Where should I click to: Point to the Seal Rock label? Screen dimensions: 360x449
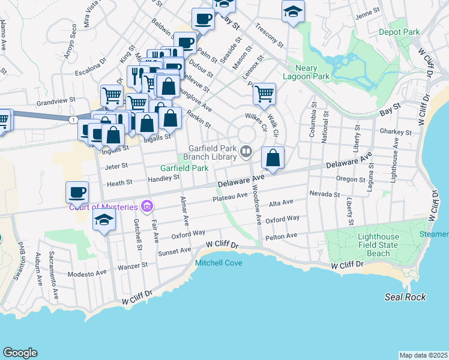406,297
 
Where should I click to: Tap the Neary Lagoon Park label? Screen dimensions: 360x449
307,72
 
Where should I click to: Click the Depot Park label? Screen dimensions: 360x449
399,31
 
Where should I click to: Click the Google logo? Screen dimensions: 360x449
20,353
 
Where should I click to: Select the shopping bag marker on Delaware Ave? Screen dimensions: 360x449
273,159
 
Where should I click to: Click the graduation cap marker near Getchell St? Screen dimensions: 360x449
104,220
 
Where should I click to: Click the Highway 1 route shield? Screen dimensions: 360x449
73,120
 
